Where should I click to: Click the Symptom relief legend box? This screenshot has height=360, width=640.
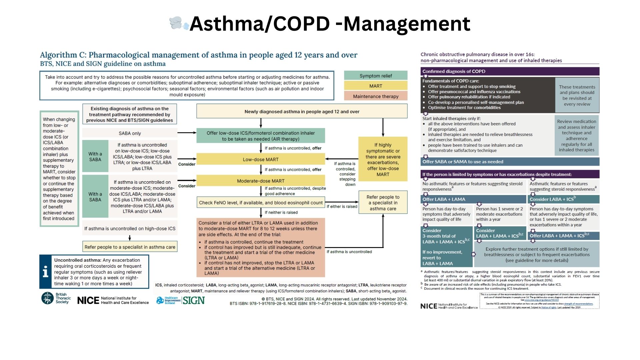(376, 76)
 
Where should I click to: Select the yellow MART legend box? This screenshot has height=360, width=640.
(376, 86)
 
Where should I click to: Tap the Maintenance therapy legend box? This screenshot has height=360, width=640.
(376, 96)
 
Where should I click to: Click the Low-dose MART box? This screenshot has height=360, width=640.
(261, 159)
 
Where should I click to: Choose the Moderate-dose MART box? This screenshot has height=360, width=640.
(261, 181)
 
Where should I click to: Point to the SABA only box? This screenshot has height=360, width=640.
(130, 133)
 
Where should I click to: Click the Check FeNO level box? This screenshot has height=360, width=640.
(261, 203)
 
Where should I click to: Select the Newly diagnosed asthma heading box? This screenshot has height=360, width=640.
(302, 111)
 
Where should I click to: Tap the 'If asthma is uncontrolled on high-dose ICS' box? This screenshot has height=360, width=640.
(130, 229)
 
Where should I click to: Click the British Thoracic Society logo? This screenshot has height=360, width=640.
(48, 298)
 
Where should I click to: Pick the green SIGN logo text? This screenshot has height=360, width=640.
(193, 300)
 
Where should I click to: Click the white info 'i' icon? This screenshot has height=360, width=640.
(46, 272)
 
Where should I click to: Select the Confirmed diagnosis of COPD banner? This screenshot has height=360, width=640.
(510, 71)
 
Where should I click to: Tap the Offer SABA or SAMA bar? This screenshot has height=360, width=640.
(510, 162)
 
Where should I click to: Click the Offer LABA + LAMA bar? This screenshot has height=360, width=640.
(474, 199)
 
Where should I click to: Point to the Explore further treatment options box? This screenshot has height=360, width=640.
(537, 255)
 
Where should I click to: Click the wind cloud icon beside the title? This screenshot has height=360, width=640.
(179, 23)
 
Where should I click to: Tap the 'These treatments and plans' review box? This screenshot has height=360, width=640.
(577, 95)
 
